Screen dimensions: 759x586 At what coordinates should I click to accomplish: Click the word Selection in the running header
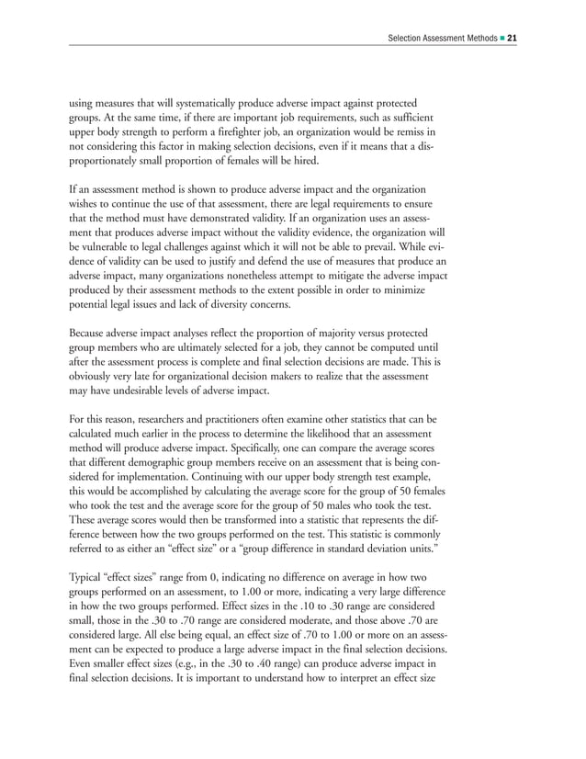[x=409, y=39]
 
